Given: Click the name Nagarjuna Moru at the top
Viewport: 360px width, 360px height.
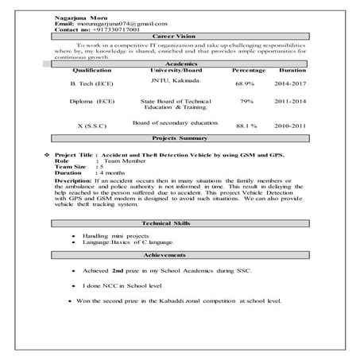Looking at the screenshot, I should (x=79, y=17).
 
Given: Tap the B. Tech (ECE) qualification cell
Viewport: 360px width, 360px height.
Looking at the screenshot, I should (x=92, y=83).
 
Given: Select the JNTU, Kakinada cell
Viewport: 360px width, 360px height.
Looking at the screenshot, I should (x=176, y=80).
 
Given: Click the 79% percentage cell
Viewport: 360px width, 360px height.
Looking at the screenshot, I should (x=246, y=102).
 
